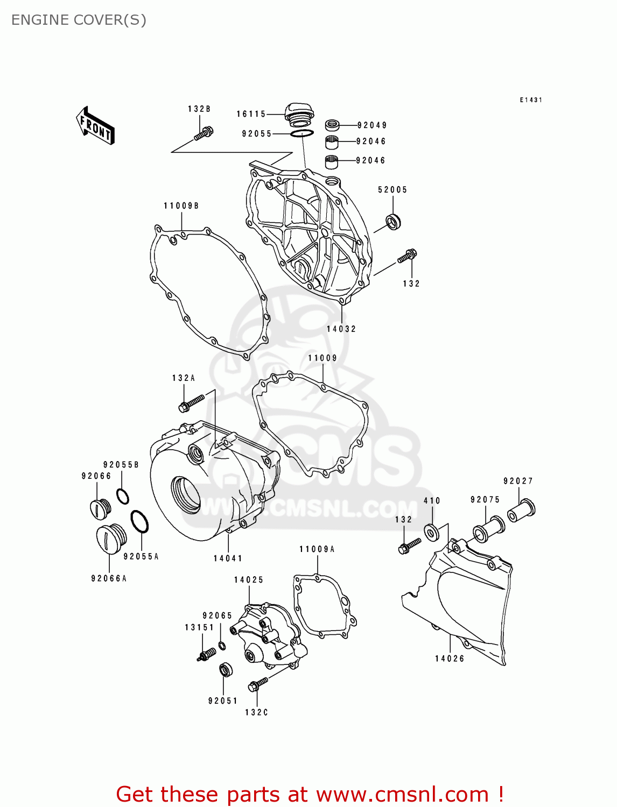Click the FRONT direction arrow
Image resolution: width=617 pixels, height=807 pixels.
tap(95, 125)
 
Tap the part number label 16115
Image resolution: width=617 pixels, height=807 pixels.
tap(251, 114)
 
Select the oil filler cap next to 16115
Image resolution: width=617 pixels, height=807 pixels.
tap(299, 114)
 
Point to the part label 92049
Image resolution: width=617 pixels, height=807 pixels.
tap(372, 125)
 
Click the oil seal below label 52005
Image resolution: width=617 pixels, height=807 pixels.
tap(394, 222)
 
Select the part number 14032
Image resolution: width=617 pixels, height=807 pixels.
tap(341, 329)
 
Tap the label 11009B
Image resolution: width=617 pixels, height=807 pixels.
tap(181, 206)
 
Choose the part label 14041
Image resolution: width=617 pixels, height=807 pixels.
tap(228, 558)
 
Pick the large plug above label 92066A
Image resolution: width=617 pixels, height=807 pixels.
tap(111, 538)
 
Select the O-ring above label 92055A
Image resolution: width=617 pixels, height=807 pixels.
tap(139, 522)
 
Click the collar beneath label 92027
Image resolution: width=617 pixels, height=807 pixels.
tap(521, 510)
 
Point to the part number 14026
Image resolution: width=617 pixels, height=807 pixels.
tap(450, 659)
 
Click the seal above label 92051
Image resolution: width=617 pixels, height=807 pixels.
tap(226, 670)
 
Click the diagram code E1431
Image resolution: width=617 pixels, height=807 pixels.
tap(531, 100)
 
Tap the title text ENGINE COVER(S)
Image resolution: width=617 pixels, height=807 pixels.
tap(79, 20)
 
